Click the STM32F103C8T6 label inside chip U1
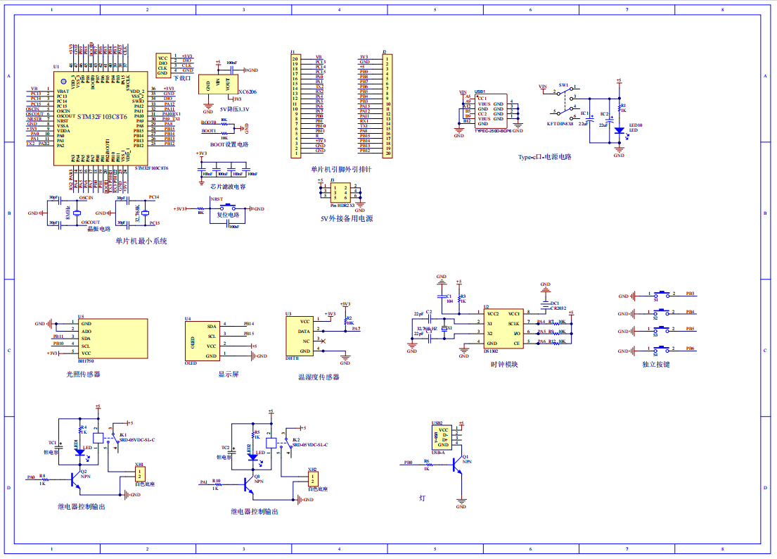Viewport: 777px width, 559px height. click(102, 117)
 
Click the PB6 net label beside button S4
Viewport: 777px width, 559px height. click(690, 348)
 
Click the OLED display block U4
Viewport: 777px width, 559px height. click(202, 341)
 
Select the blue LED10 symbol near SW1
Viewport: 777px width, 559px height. click(619, 130)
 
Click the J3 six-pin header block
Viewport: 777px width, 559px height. click(340, 192)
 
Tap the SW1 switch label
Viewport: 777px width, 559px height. click(563, 85)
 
